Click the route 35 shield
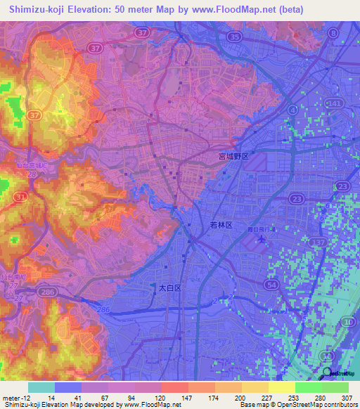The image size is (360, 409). [x=235, y=35]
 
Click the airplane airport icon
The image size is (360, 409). [x=262, y=240]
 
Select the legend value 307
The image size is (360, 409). [x=347, y=397]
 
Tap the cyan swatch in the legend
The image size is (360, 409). [x=41, y=387]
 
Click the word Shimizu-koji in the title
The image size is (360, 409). [x=34, y=10]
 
